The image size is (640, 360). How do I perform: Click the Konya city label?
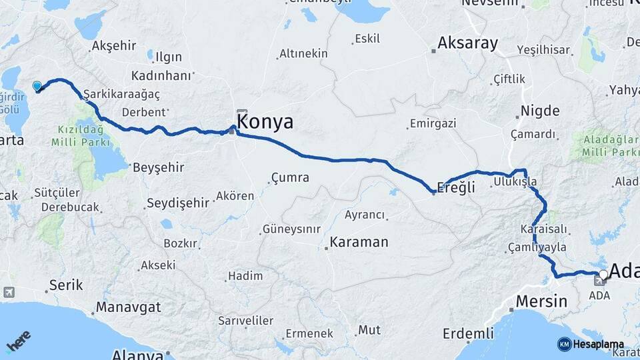265,121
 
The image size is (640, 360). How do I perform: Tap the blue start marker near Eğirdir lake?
37,85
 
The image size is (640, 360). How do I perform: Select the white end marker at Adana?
603,273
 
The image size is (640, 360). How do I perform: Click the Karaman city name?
359,242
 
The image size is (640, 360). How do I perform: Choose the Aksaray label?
467,44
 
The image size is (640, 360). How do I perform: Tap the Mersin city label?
541,301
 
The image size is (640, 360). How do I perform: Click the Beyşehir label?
159,167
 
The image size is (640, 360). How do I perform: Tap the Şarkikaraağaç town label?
122,94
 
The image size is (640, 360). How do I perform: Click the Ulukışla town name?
515,181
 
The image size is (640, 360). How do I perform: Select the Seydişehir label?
178,203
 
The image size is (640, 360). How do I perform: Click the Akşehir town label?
114,45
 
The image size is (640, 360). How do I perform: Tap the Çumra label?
290,177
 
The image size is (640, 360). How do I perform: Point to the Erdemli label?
469,333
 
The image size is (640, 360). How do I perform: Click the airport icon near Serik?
9,292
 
